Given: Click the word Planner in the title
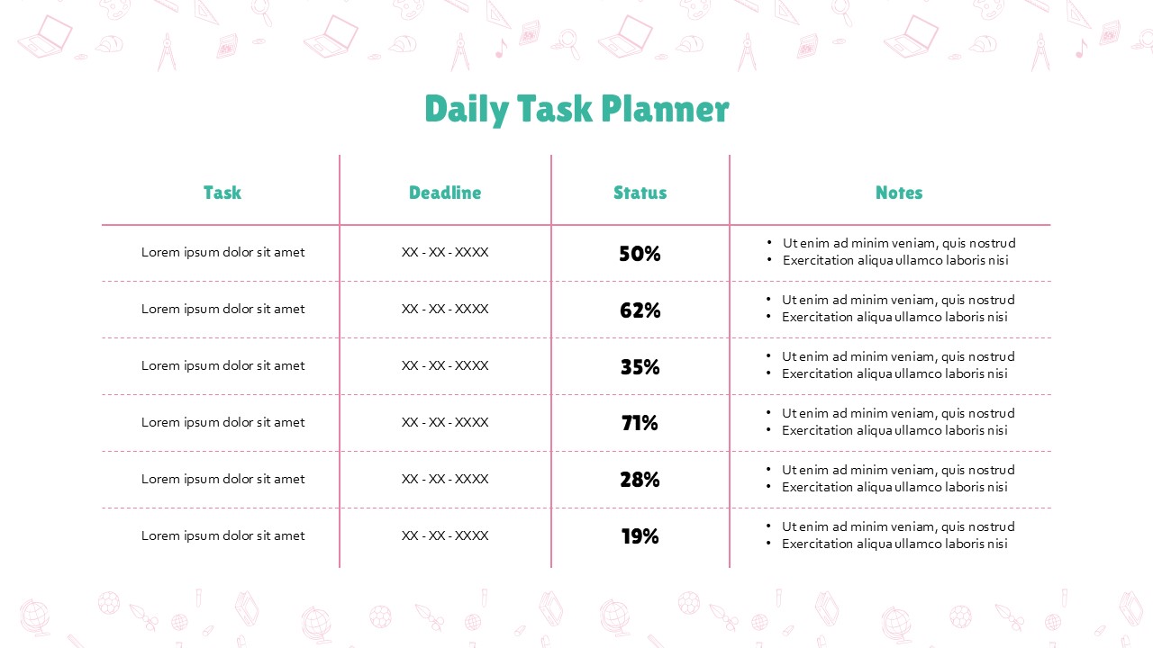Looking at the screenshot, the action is (665, 109).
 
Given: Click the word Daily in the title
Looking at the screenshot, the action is (467, 110).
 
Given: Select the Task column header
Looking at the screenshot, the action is (222, 193).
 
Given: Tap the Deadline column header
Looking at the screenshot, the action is (445, 193).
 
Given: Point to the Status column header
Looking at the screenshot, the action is (640, 193).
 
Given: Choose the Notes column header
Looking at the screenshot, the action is (899, 193).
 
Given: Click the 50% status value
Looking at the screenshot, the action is (640, 254).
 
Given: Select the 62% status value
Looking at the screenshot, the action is (640, 310).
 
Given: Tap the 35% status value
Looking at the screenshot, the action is (640, 366).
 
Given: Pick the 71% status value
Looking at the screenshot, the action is (640, 423).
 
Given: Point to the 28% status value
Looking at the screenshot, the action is (640, 480).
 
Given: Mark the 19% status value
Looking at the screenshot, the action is (640, 536).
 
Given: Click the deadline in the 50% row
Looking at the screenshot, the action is (445, 252).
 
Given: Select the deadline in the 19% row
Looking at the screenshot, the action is (445, 535).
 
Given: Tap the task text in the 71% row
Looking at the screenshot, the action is (222, 422).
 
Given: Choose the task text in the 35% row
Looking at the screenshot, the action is (222, 365).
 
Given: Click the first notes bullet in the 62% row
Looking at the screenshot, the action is (898, 300).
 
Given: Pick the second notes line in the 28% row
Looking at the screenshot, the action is (894, 487).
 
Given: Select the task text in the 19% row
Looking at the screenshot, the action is (222, 535).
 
